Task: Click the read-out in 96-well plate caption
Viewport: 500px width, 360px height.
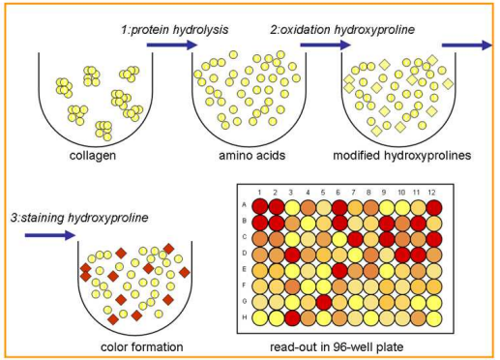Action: pos(351,345)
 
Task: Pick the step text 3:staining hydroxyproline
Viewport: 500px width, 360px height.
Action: pos(77,217)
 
